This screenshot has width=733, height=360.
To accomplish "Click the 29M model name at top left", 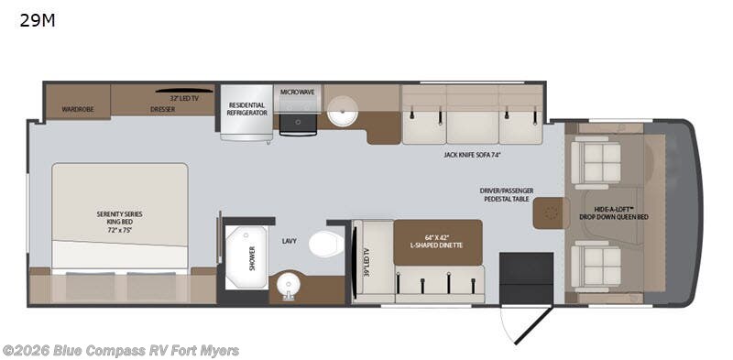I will click(38, 21).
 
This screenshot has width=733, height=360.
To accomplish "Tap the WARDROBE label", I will click(78, 109).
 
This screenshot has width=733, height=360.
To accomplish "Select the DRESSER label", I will click(162, 109).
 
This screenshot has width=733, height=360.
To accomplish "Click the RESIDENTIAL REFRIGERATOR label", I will click(247, 108).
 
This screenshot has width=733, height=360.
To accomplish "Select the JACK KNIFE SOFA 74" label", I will click(471, 155).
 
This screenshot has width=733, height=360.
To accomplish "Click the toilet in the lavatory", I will click(325, 245).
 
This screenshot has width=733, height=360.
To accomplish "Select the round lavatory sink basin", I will click(290, 284).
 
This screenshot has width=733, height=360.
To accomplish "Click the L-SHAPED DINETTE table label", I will click(437, 242).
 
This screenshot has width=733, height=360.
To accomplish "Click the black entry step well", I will click(526, 278).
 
